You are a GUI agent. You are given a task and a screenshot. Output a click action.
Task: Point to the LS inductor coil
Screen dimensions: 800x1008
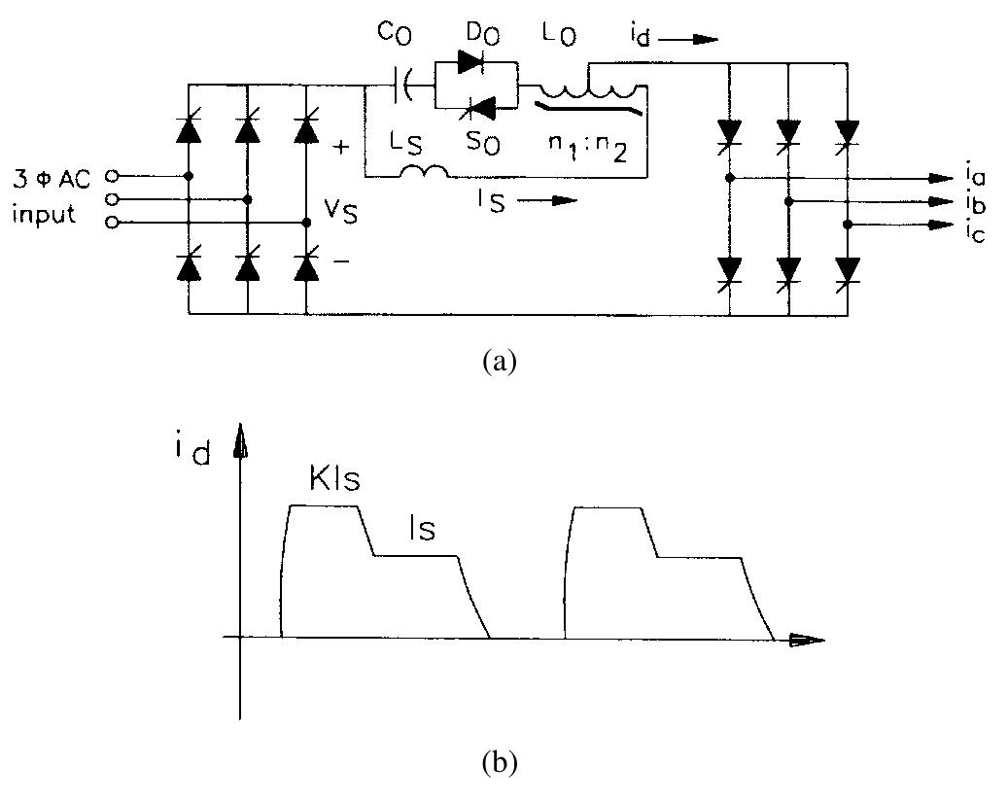pos(423,173)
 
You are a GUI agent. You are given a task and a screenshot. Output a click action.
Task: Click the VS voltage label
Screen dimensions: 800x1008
pos(342,211)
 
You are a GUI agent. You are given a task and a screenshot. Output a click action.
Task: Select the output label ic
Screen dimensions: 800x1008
pos(972,231)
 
